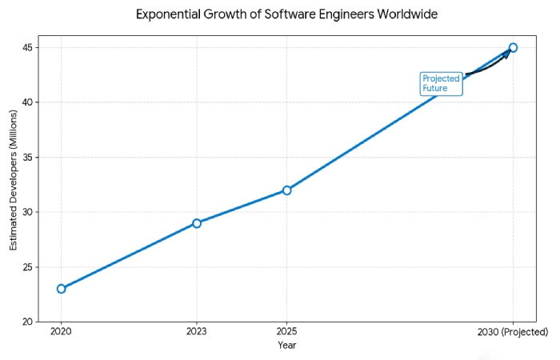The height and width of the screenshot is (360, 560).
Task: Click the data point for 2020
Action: click(x=61, y=288)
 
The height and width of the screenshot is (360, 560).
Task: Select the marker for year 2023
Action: click(x=196, y=223)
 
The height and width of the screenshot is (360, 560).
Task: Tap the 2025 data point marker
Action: click(x=286, y=190)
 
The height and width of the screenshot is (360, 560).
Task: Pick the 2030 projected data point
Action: click(x=513, y=47)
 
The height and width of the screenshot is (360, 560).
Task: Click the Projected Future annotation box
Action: click(x=442, y=83)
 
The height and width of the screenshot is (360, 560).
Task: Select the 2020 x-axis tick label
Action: click(x=61, y=332)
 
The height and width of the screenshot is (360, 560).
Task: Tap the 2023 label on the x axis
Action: click(x=196, y=332)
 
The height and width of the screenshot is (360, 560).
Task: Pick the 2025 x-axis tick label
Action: click(x=286, y=332)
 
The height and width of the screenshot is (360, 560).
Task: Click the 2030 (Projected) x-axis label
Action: click(x=513, y=332)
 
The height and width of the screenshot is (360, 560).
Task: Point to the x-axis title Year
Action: click(x=287, y=346)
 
